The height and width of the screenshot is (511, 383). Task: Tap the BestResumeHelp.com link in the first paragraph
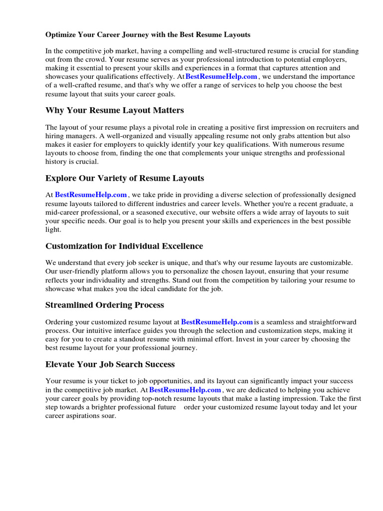click(221, 77)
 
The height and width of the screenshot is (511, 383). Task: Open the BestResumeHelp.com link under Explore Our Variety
click(91, 195)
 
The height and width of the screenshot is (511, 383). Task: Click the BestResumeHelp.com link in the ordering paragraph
click(217, 322)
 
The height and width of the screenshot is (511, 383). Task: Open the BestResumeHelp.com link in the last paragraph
click(185, 390)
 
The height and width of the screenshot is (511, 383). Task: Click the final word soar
click(107, 416)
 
